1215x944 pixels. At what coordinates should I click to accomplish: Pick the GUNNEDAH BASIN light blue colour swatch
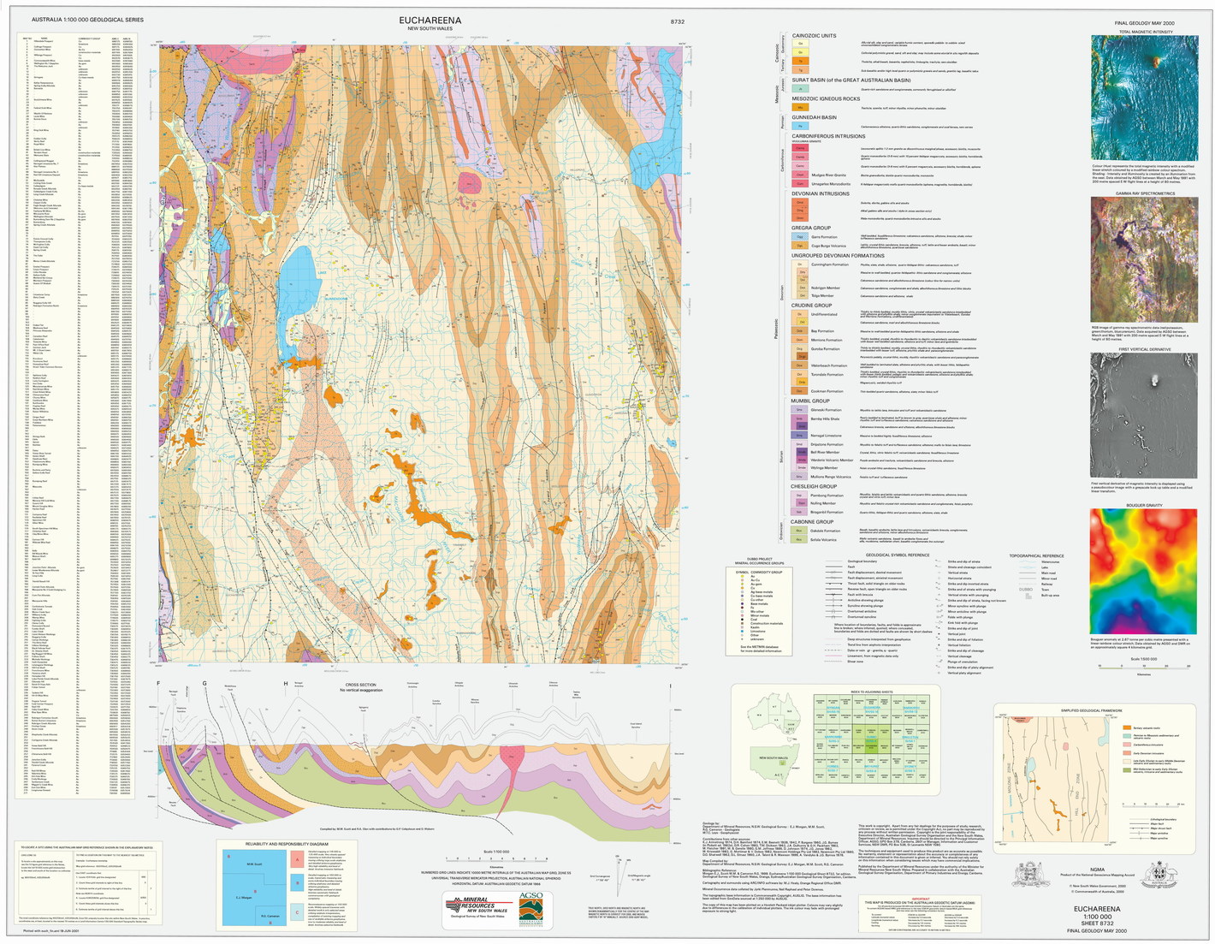pyautogui.click(x=801, y=126)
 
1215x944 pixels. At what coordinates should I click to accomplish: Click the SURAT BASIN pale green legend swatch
pyautogui.click(x=801, y=88)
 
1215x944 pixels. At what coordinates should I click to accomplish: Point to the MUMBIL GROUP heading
pyautogui.click(x=810, y=401)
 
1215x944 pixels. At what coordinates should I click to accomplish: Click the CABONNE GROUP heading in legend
pyautogui.click(x=812, y=521)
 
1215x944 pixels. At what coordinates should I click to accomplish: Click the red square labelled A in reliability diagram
pyautogui.click(x=295, y=860)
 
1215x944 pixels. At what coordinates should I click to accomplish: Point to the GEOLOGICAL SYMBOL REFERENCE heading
pyautogui.click(x=898, y=555)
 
